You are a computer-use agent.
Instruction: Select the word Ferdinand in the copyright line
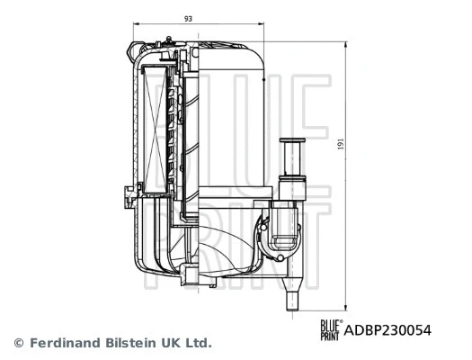[65, 343]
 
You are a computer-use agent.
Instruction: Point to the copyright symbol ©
[19, 343]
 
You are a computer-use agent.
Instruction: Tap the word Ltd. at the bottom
[198, 343]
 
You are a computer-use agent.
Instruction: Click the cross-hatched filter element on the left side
[150, 126]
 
